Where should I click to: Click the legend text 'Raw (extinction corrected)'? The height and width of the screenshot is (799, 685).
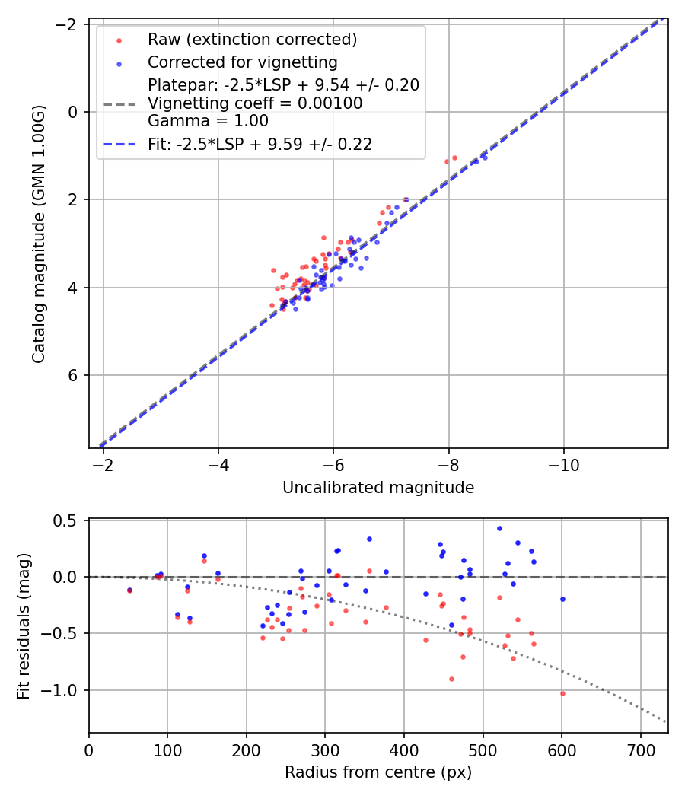[253, 39]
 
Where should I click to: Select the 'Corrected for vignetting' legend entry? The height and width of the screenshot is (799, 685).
[243, 62]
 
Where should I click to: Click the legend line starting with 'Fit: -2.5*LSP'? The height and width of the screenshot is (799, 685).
[260, 145]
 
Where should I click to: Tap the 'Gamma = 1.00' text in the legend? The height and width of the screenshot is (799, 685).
[208, 120]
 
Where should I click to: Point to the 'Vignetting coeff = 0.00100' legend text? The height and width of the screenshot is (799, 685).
[255, 103]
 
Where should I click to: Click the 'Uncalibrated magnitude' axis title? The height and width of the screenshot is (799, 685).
[378, 488]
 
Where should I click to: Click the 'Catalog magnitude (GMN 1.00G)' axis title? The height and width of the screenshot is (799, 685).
[40, 234]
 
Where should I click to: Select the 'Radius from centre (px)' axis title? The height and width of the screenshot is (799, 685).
[378, 772]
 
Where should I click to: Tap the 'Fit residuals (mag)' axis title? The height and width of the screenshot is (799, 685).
[24, 626]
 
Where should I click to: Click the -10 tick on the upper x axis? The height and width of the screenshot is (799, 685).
[563, 464]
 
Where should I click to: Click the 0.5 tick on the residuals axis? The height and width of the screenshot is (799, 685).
[72, 520]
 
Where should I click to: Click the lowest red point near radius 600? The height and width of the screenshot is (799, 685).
[562, 693]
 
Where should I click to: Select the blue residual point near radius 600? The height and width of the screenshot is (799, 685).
[562, 599]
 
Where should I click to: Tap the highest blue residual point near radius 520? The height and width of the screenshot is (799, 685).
[499, 528]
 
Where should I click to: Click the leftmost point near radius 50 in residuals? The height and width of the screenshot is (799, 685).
[129, 590]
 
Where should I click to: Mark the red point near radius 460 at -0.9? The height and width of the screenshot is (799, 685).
[451, 679]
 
